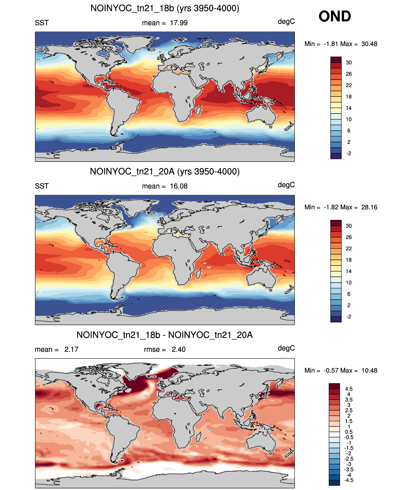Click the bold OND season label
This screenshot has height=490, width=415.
point(335,16)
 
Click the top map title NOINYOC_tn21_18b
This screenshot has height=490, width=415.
point(132,8)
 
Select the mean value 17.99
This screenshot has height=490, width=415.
point(179,23)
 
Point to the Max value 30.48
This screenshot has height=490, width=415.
point(369,44)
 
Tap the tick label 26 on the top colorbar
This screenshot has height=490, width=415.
point(348,74)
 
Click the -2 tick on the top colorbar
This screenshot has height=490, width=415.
point(348,153)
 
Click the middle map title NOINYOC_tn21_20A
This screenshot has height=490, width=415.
point(132,171)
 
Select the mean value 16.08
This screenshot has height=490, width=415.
point(179,186)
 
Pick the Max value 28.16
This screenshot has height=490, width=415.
point(369,207)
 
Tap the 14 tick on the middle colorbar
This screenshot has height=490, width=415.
point(348,271)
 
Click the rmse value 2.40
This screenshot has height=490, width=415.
point(179,349)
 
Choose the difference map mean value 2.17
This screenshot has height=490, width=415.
point(71,349)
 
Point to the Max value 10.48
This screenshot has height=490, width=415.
point(369,371)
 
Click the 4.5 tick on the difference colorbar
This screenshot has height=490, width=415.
point(348,389)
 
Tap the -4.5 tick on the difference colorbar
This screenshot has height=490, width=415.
point(348,480)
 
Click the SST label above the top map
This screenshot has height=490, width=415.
point(42,23)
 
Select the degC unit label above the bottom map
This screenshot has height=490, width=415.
point(286,348)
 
